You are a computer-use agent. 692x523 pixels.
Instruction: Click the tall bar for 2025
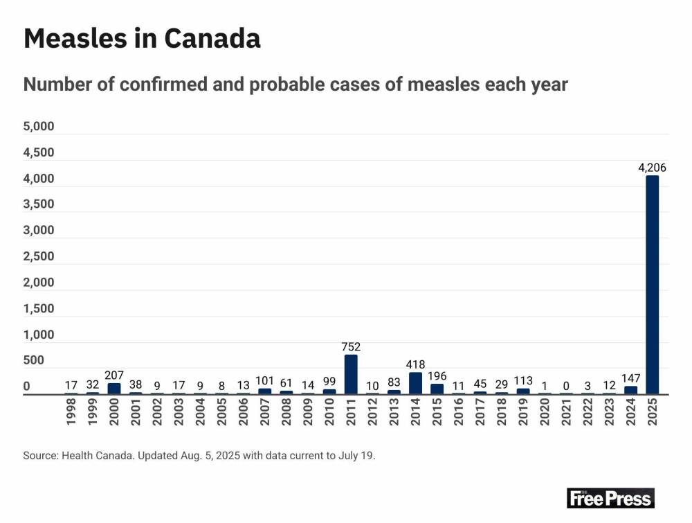coord(653,285)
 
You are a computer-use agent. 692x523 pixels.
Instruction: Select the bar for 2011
coord(351,375)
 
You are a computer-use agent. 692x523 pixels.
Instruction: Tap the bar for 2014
coord(416,383)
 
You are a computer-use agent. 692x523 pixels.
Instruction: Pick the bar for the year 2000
coord(114,389)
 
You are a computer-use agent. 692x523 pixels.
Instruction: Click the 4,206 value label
coord(653,167)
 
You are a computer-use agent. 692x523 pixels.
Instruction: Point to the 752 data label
coord(351,346)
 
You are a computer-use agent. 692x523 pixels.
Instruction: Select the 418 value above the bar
coord(416,364)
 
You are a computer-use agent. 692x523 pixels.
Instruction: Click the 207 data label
coord(114,375)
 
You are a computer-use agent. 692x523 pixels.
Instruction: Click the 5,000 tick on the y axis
coord(39,127)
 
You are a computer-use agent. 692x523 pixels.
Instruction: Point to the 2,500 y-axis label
coord(39,256)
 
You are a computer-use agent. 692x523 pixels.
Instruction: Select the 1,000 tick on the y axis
coord(39,335)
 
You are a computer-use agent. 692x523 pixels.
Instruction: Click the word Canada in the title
coord(213,39)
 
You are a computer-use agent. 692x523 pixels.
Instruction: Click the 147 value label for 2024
coord(631,378)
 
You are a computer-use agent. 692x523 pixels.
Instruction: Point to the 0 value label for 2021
coord(567,385)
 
